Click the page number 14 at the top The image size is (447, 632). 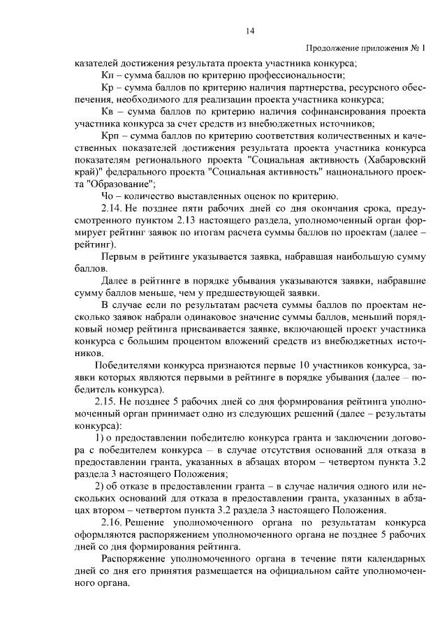click(249, 30)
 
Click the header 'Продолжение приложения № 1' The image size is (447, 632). click(365, 49)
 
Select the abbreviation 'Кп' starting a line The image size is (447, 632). click(107, 75)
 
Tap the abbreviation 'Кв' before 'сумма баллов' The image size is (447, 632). click(108, 112)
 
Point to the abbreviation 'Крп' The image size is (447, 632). click(110, 135)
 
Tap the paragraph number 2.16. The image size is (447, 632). click(112, 522)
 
